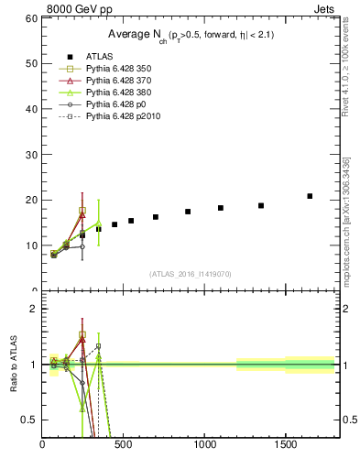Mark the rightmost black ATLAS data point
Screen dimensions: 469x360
pyautogui.click(x=310, y=196)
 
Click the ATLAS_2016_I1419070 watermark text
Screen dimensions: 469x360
pyautogui.click(x=191, y=274)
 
